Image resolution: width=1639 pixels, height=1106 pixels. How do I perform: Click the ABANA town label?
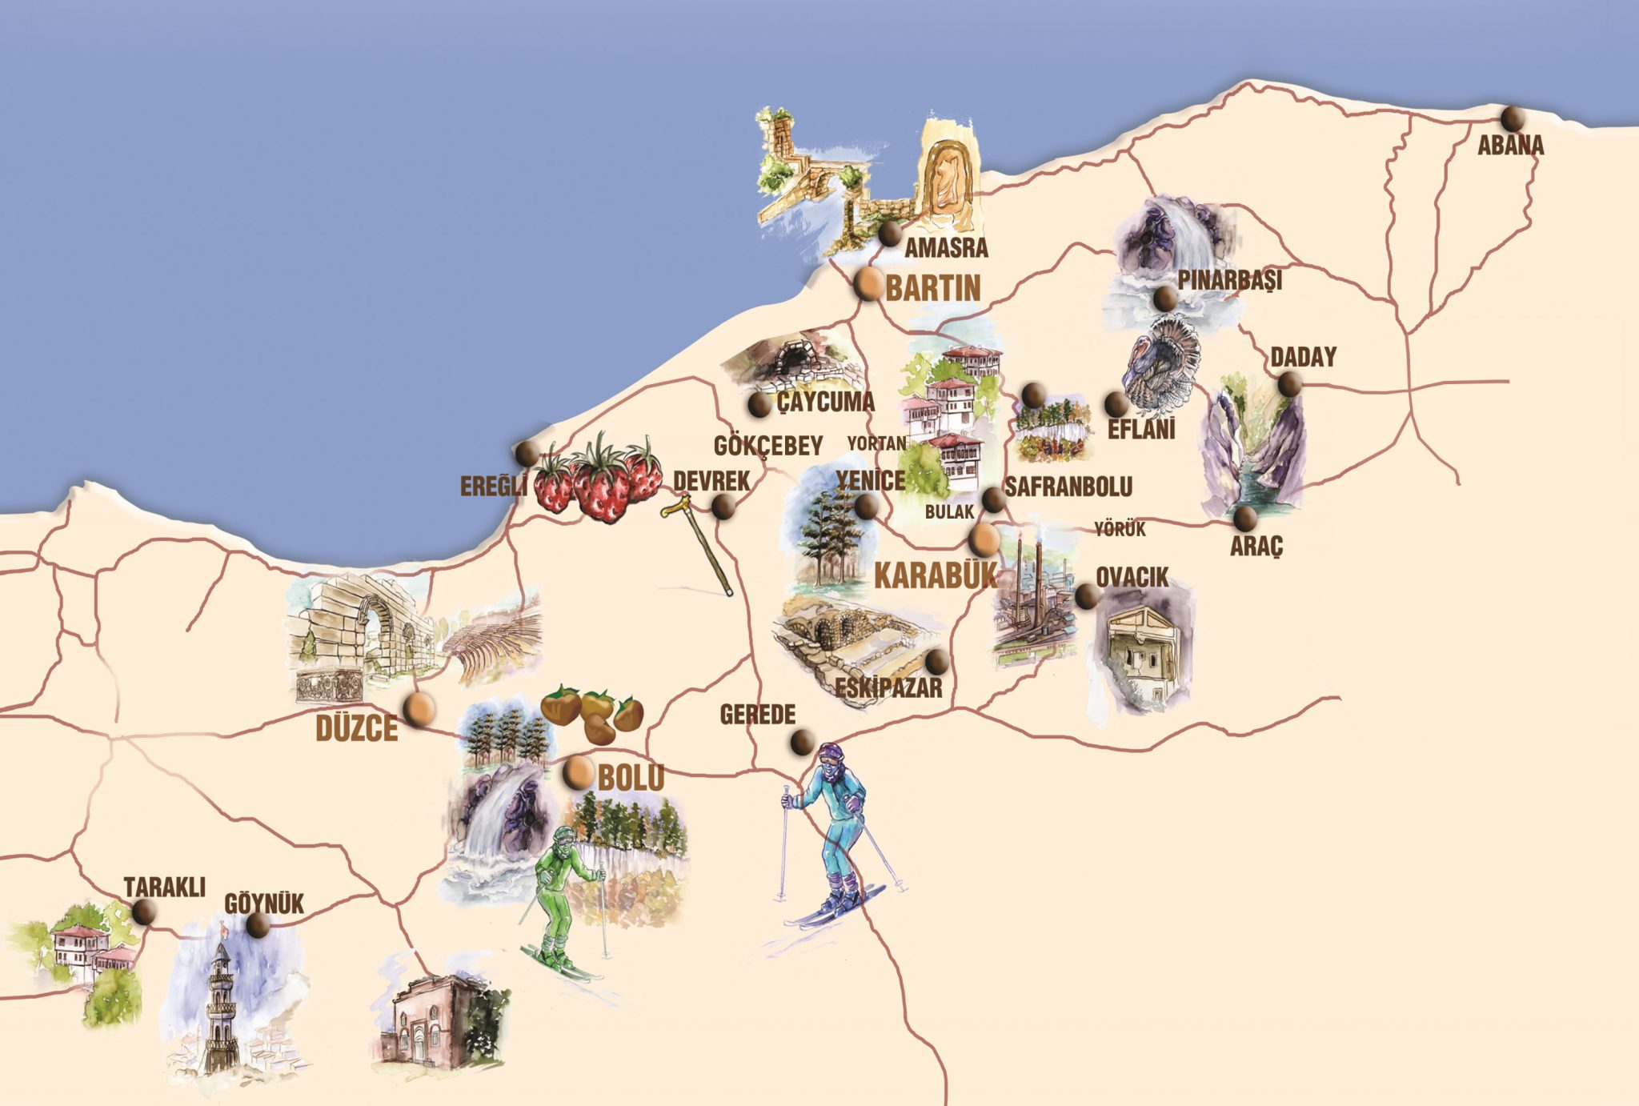click(x=1510, y=146)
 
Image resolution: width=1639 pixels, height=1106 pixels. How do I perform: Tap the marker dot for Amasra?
click(x=889, y=235)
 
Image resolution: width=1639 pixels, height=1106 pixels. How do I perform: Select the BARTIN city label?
click(x=933, y=288)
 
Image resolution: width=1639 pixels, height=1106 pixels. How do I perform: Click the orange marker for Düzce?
click(x=419, y=709)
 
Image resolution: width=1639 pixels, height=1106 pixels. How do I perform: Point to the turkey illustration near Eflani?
click(x=1161, y=363)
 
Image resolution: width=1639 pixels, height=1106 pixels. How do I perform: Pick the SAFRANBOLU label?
click(x=1068, y=486)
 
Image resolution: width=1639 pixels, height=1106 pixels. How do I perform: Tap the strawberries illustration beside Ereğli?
click(x=599, y=479)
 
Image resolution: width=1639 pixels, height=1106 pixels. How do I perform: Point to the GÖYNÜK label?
click(x=264, y=904)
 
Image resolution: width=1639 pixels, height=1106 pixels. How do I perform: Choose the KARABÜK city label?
click(x=936, y=575)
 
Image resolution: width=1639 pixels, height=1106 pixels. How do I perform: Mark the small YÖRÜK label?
click(x=1120, y=529)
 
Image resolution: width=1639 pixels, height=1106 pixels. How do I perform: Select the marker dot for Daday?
click(x=1289, y=384)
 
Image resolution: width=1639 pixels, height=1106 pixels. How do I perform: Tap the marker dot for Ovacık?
click(x=1086, y=595)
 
